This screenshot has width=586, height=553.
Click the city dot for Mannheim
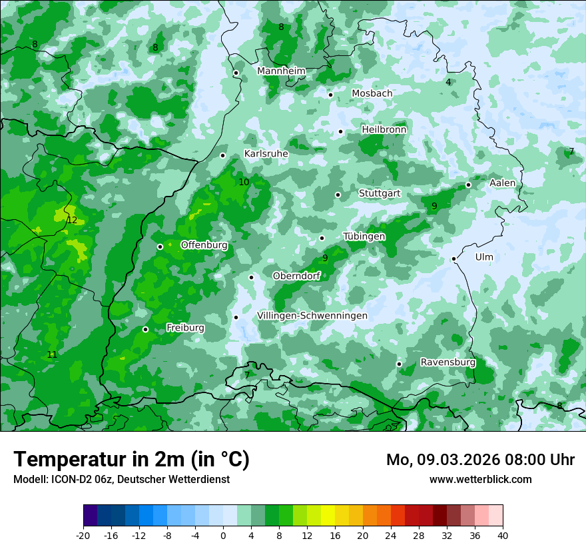pos(236,73)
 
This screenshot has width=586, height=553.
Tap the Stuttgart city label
pos(380,193)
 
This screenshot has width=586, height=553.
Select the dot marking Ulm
pos(453,259)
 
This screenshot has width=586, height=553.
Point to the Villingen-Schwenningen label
pos(312,315)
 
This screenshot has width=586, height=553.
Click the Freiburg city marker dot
pos(145,329)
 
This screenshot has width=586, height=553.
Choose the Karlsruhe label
pos(266,153)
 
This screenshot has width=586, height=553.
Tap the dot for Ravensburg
pos(399,364)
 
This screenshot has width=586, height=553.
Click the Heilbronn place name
pos(384,129)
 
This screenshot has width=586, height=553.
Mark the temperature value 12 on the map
pos(72,220)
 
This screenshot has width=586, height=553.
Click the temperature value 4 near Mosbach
pos(448,82)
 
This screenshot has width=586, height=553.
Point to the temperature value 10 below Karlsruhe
pos(244,182)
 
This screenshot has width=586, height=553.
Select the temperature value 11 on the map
pos(52,354)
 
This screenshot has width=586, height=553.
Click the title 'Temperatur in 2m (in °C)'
pos(131,459)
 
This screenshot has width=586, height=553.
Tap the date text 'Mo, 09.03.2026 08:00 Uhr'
pos(480,460)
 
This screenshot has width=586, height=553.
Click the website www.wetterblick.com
pos(480,479)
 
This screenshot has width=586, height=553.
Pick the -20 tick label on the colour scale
pos(83,535)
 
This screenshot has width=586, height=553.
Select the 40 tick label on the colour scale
pos(502,535)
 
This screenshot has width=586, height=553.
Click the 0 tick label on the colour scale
pos(223,535)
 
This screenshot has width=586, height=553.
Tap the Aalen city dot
pos(468,185)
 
